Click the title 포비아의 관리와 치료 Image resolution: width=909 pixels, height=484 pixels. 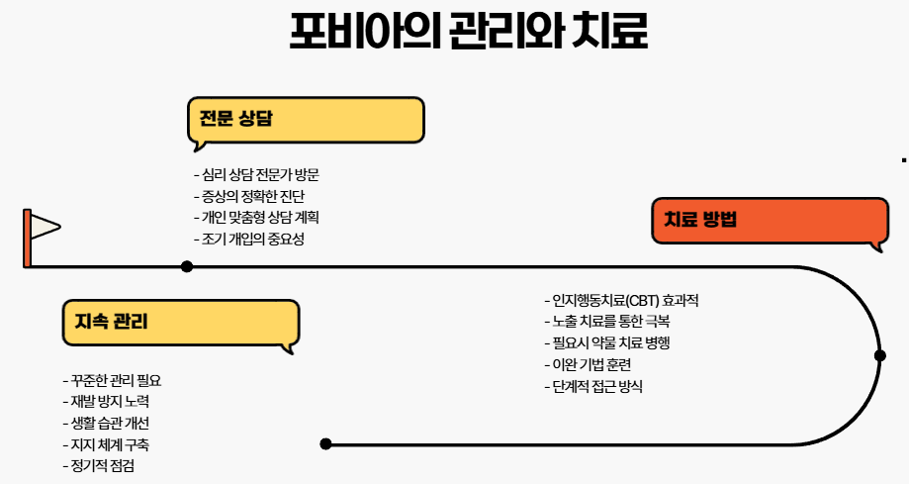point(468,33)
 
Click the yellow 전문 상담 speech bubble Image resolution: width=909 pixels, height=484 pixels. point(306,120)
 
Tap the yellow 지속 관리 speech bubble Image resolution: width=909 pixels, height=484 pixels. point(180,322)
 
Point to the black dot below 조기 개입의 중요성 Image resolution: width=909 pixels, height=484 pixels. point(187,266)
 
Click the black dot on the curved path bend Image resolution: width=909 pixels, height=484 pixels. point(879,355)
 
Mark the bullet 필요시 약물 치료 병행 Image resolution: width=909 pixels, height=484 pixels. point(608,343)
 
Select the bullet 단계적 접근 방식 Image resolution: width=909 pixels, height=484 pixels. point(594,387)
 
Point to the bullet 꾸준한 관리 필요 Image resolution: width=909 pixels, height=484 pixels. point(111,380)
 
